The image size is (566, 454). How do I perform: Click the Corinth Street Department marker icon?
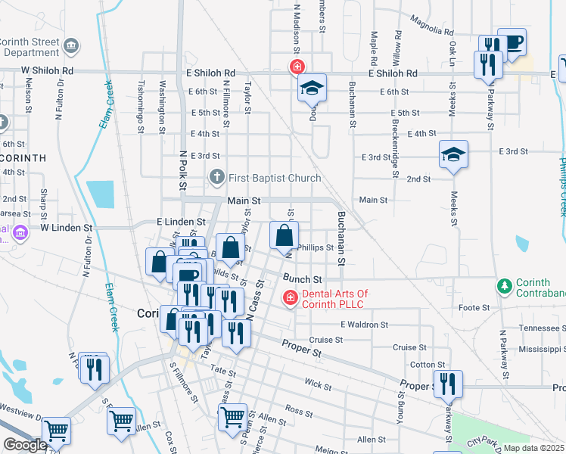point(72,46)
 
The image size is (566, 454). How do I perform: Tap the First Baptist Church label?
point(270,178)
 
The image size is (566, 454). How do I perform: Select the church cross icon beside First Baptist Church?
point(217,178)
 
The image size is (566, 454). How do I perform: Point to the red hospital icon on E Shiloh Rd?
point(299,67)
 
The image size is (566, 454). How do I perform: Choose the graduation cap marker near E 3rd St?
point(453,155)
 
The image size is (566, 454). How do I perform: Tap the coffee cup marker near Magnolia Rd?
point(512,42)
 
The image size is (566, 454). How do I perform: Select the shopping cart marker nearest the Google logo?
point(57,431)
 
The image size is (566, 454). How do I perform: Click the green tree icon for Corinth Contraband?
point(504,286)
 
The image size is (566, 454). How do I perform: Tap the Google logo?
point(26,445)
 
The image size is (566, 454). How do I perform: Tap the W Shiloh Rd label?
point(47,70)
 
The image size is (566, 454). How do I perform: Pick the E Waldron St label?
point(364,324)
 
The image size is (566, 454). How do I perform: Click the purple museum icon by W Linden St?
point(20,231)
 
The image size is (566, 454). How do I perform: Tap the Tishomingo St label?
point(141,107)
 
